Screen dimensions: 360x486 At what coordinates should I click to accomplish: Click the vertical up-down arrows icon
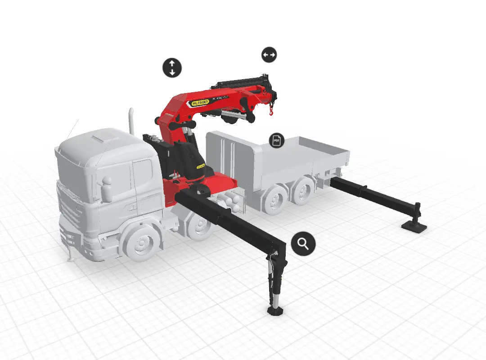[x=172, y=67]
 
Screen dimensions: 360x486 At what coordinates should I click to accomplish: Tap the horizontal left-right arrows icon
[x=269, y=55]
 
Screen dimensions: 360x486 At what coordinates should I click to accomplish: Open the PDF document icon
[x=277, y=140]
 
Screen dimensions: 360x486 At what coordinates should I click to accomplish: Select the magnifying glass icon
[x=303, y=244]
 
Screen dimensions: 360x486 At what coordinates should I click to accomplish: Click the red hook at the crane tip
[x=271, y=110]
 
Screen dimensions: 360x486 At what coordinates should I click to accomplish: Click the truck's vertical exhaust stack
[x=132, y=121]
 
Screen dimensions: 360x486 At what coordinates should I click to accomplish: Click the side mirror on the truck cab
[x=107, y=189]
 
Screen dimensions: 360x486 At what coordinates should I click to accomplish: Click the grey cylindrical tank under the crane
[x=232, y=200]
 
